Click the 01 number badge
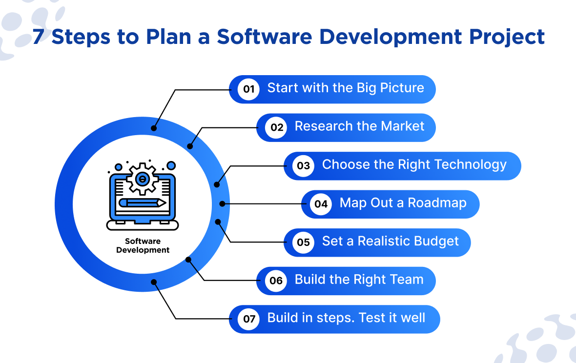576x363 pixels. click(x=248, y=89)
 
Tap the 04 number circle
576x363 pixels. click(x=321, y=204)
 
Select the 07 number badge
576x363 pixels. click(x=248, y=319)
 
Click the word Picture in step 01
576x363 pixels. click(x=402, y=88)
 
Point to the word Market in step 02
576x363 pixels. click(x=403, y=126)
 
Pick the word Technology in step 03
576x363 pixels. click(x=471, y=164)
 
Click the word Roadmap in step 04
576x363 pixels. click(x=437, y=203)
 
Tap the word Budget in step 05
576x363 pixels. click(x=436, y=241)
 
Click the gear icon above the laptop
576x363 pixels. click(x=142, y=179)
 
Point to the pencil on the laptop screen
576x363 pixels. click(x=142, y=202)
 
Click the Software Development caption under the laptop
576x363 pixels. click(x=143, y=245)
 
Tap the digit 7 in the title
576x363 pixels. click(x=39, y=37)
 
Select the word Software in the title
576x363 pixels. click(x=265, y=37)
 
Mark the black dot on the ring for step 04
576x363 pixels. click(x=222, y=204)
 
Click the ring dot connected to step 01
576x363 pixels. click(x=154, y=128)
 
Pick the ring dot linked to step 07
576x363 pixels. click(x=154, y=282)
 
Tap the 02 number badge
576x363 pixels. click(x=276, y=127)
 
